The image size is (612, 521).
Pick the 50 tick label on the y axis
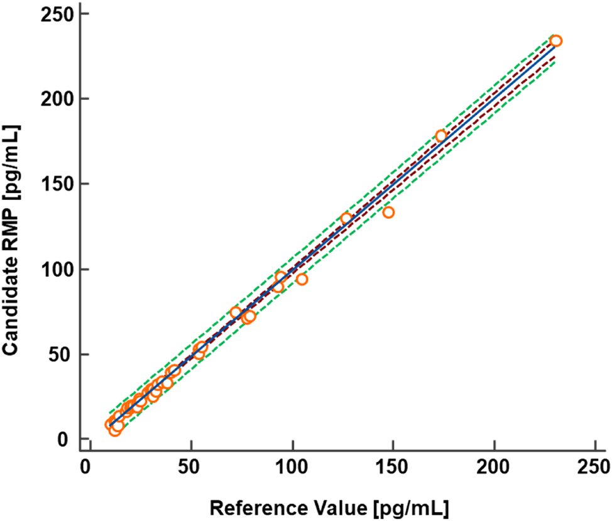pyautogui.click(x=58, y=354)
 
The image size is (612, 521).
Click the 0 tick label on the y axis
pyautogui.click(x=63, y=439)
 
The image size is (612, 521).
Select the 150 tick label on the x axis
pyautogui.click(x=393, y=469)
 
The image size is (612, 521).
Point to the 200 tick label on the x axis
pyautogui.click(x=495, y=469)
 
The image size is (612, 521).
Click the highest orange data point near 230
pyautogui.click(x=555, y=41)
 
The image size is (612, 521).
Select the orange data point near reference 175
pyautogui.click(x=441, y=136)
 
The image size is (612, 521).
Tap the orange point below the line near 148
pyautogui.click(x=388, y=212)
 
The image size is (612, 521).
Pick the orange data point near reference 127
pyautogui.click(x=346, y=219)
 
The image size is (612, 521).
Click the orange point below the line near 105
pyautogui.click(x=302, y=280)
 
